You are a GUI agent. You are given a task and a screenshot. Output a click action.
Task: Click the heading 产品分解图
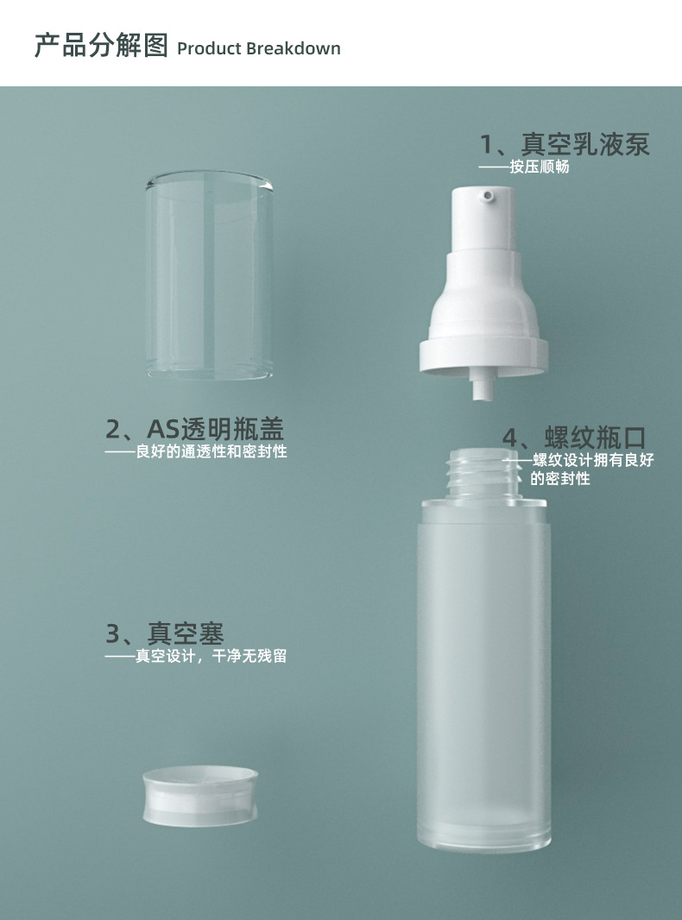click(102, 46)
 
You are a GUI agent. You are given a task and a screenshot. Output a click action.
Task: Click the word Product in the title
click(208, 48)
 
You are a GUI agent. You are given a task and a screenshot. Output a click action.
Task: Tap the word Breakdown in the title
click(294, 48)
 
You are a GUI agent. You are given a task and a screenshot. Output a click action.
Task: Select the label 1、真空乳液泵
click(565, 144)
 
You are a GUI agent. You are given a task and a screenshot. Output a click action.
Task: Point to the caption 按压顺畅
click(540, 167)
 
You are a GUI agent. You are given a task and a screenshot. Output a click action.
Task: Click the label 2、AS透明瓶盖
click(195, 429)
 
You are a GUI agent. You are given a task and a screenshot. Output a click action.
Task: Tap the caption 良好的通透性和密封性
click(212, 451)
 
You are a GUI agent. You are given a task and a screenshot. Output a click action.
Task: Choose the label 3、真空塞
click(165, 633)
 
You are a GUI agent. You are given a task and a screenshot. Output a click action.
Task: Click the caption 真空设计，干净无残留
click(212, 655)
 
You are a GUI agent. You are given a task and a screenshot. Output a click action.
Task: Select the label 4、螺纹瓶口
click(574, 438)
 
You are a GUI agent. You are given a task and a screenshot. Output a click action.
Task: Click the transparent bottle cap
click(210, 274)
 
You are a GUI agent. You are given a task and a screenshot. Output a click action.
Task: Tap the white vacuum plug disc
click(200, 797)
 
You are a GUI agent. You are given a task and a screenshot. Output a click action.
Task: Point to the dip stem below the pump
click(483, 388)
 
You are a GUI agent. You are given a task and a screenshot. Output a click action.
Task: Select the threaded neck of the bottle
click(483, 473)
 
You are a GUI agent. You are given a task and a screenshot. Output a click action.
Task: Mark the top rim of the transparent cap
click(210, 180)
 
